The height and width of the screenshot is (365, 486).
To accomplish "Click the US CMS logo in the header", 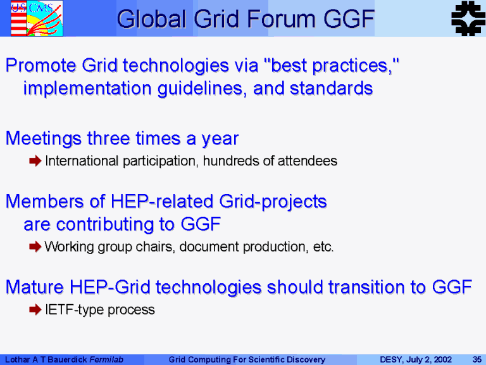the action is pyautogui.click(x=37, y=18).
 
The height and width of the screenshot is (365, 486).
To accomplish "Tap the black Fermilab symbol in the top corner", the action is pyautogui.click(x=468, y=18).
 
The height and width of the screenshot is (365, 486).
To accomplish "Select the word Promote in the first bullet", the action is pyautogui.click(x=40, y=65).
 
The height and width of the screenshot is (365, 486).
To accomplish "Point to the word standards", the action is pyautogui.click(x=331, y=88).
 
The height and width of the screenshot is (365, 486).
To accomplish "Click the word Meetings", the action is pyautogui.click(x=44, y=138).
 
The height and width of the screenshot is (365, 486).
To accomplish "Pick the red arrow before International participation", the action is pyautogui.click(x=35, y=161).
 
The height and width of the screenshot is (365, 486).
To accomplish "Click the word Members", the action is pyautogui.click(x=45, y=202).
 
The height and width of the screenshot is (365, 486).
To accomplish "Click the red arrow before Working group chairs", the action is pyautogui.click(x=35, y=247).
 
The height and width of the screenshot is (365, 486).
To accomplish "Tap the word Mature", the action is pyautogui.click(x=35, y=287).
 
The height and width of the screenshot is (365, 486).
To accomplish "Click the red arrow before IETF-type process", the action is pyautogui.click(x=35, y=309).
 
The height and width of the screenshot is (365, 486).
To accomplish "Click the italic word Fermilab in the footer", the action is pyautogui.click(x=106, y=360).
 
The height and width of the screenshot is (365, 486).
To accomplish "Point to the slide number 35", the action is pyautogui.click(x=477, y=360).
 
